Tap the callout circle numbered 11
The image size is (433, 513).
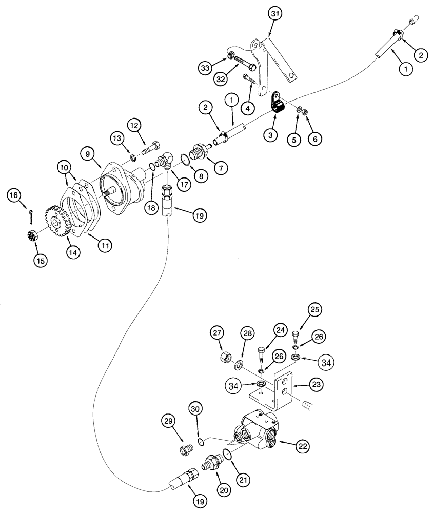pos(105,246)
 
